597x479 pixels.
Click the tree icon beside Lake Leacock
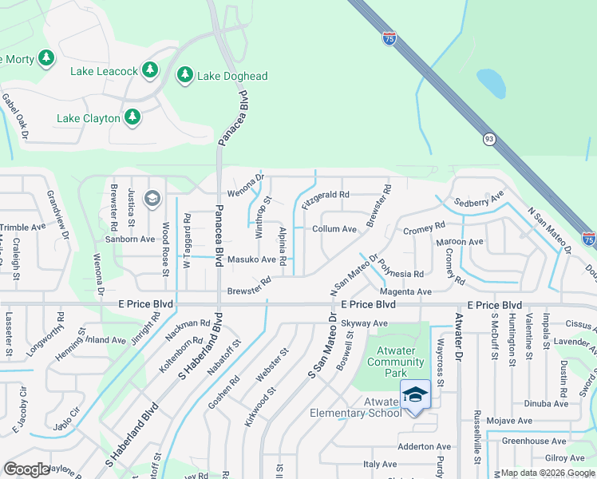[150, 71]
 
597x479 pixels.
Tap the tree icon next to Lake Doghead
[185, 76]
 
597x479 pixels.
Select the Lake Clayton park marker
[132, 118]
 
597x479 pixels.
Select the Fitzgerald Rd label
[326, 195]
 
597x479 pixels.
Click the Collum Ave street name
[334, 229]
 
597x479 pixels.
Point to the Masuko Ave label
[251, 259]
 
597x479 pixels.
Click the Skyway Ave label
[364, 323]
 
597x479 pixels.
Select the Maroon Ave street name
[459, 242]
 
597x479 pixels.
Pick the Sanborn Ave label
[131, 239]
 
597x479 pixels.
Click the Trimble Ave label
[22, 228]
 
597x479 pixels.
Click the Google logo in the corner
[26, 469]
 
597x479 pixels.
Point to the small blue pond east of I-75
[491, 81]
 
